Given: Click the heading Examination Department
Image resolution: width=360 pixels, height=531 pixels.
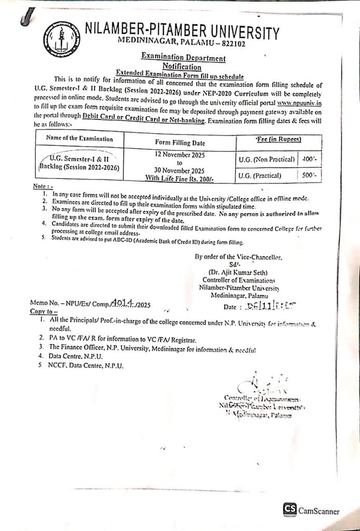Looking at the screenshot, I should pos(183,59).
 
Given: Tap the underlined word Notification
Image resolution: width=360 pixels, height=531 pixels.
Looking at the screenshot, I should pos(182,67).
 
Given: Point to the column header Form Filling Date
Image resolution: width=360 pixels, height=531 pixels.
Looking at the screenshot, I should pos(180,142).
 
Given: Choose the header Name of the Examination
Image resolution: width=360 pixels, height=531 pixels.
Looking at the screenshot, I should pos(79,138).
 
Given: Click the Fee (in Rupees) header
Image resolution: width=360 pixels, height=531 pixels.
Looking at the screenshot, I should pos(279,139).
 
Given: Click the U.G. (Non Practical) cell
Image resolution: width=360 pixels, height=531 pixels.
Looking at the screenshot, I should pos(267,159).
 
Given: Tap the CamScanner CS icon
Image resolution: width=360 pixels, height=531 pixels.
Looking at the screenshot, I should pos(289,509).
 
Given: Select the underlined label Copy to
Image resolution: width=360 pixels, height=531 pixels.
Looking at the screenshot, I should pos(44,312).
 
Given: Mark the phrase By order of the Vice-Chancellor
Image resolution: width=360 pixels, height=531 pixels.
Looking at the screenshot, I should pos(238,257).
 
